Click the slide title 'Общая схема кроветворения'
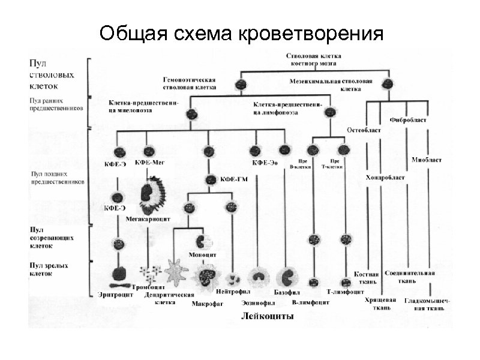point(241,33)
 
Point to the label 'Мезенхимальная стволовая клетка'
point(331,84)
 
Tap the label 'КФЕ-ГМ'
point(236,179)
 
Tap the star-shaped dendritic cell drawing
point(176,273)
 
